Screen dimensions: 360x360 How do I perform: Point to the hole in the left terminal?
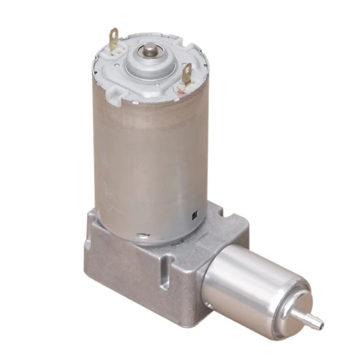click(114, 35)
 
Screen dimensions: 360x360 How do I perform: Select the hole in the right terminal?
click(187, 70)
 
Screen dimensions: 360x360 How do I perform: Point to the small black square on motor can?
click(195, 214)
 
